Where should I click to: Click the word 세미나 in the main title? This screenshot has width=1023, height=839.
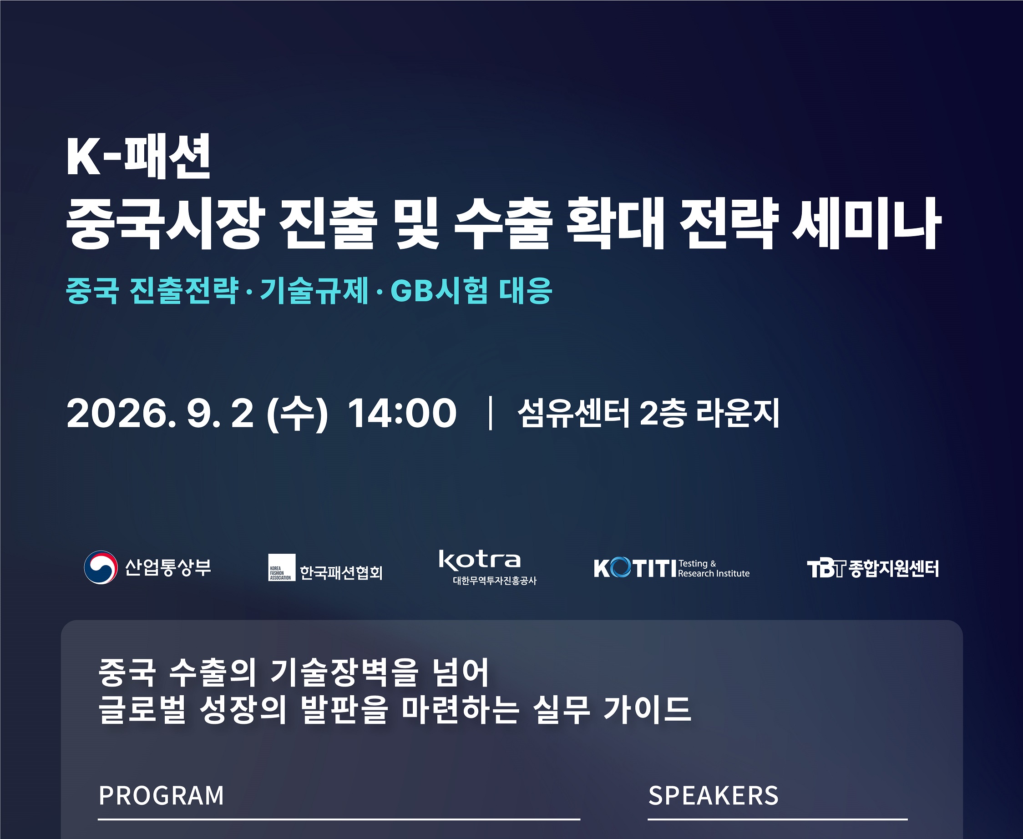click(866, 224)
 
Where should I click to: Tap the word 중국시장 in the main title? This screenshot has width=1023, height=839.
click(165, 224)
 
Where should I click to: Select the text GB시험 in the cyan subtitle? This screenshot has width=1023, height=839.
click(439, 290)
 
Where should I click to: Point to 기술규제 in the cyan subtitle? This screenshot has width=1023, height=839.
click(314, 290)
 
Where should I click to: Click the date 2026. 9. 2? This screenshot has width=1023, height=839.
click(160, 413)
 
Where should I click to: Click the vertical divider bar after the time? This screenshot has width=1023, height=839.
click(491, 413)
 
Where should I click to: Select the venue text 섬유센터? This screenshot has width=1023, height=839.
click(573, 413)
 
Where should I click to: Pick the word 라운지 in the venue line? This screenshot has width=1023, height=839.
click(738, 413)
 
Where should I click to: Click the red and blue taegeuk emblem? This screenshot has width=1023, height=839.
click(101, 567)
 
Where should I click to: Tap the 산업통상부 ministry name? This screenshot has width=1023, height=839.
click(168, 567)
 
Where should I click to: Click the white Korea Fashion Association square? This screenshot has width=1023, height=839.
click(282, 567)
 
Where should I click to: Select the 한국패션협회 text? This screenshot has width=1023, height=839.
click(341, 573)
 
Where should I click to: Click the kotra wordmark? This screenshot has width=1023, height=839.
click(480, 560)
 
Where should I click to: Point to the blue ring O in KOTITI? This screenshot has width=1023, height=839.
click(620, 568)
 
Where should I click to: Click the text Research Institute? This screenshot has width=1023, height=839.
click(714, 574)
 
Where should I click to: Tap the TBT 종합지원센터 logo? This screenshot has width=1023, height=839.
click(873, 569)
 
